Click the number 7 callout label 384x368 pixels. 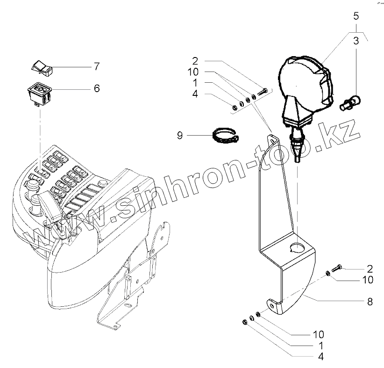pos(96,66)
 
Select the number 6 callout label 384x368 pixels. pos(97,87)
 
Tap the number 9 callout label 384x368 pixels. pos(179,136)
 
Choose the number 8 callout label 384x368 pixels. pos(370,302)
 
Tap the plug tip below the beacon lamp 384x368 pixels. pos(297,156)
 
